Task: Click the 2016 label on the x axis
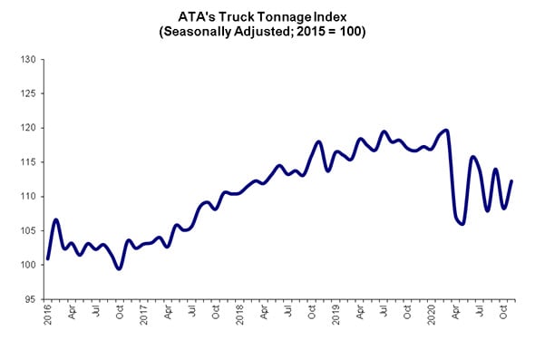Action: [48, 315]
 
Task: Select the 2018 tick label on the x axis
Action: [240, 315]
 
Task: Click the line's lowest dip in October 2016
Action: [119, 268]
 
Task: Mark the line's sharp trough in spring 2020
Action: [462, 223]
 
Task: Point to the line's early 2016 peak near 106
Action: [56, 219]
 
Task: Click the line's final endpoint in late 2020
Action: [511, 180]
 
